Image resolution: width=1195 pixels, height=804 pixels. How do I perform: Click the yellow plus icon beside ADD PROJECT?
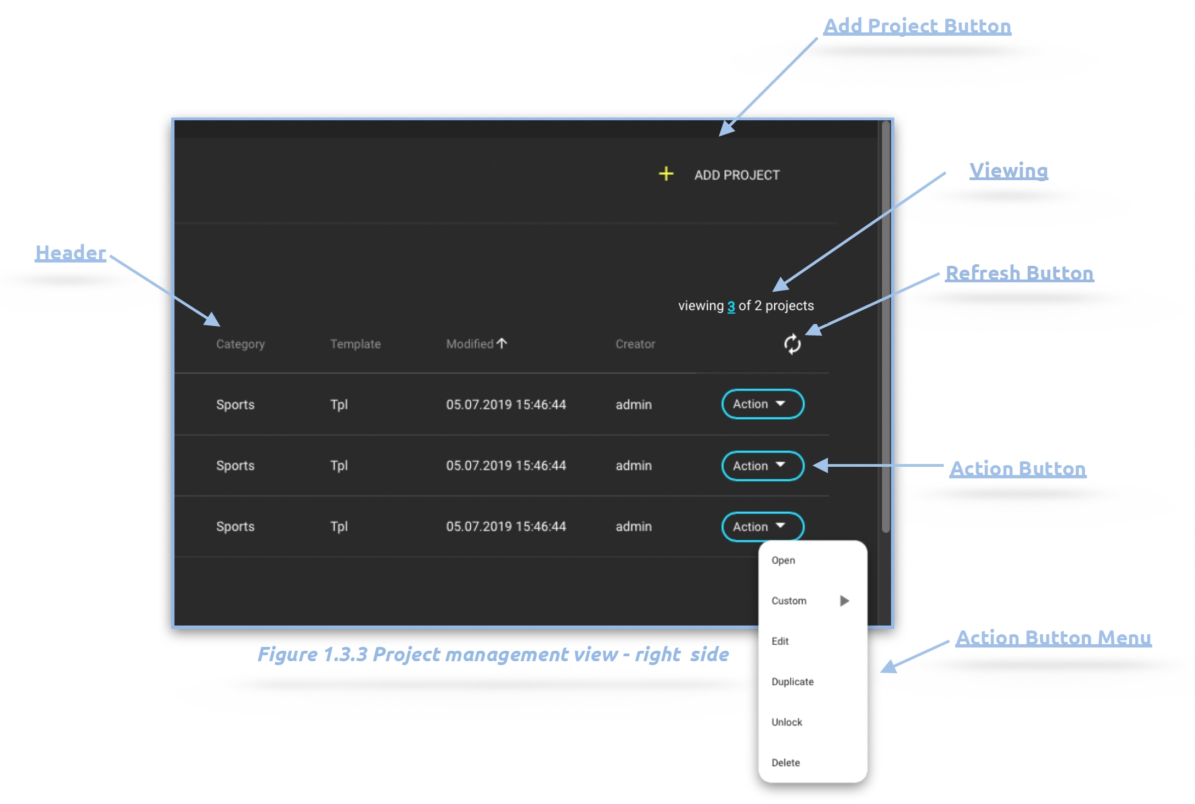[666, 174]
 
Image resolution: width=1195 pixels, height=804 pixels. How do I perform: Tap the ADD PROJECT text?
[736, 175]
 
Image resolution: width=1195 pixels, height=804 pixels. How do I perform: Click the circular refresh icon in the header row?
[792, 344]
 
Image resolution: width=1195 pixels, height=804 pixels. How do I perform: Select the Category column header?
[240, 344]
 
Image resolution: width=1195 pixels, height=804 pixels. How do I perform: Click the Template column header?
[355, 344]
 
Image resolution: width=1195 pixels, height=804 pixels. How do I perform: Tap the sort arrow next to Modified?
[502, 343]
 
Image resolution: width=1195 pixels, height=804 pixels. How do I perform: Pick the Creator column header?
[635, 344]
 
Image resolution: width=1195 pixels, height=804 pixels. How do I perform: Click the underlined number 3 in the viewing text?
[731, 306]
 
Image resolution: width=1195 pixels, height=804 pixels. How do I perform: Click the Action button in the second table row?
[762, 466]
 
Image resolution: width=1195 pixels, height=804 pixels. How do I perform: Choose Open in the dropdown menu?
[783, 560]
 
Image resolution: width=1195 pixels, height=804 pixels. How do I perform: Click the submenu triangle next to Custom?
[844, 601]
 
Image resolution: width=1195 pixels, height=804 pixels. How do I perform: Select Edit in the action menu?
[780, 641]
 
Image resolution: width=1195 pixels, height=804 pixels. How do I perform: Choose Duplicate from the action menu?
[792, 682]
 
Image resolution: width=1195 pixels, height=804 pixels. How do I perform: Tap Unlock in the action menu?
[786, 722]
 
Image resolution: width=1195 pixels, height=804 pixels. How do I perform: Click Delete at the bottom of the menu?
[785, 763]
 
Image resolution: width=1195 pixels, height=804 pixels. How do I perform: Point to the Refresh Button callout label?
[1019, 273]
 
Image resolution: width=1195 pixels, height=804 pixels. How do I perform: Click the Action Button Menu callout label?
[1053, 638]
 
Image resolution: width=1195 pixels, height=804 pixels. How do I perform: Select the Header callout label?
[70, 253]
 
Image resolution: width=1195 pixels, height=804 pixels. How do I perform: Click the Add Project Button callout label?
[917, 26]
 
